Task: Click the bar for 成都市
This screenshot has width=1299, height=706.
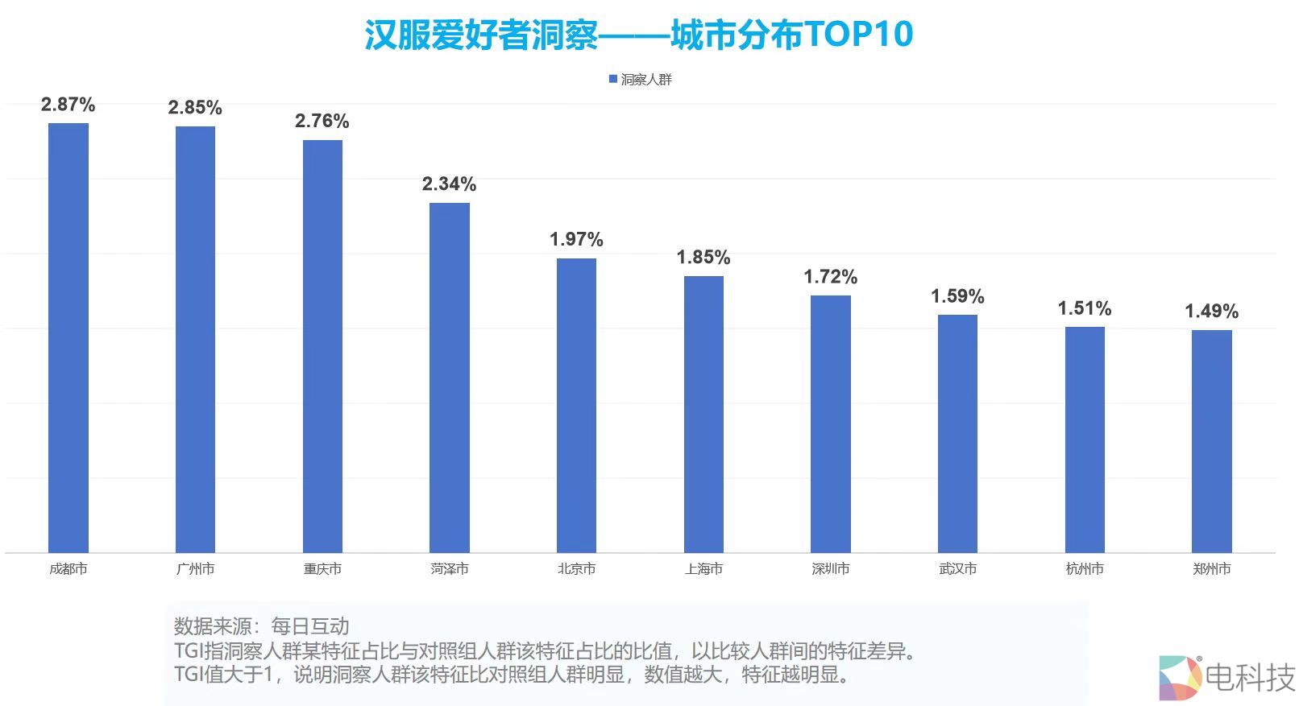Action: [68, 338]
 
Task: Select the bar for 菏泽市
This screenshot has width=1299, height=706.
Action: [450, 378]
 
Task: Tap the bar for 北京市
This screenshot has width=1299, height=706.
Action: [576, 406]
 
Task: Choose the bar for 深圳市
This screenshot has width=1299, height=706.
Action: [831, 424]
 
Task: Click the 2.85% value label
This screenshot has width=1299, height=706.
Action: [195, 108]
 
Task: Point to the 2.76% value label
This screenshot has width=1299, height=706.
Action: [322, 122]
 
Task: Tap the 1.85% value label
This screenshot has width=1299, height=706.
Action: [703, 258]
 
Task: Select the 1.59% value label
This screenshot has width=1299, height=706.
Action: [957, 297]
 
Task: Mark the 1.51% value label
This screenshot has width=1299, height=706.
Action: [1085, 309]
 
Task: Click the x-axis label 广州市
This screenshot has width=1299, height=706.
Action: [195, 569]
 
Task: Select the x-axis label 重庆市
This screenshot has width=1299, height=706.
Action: [322, 569]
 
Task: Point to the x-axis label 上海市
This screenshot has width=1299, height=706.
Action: [703, 569]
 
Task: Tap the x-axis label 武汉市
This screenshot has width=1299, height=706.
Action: [957, 569]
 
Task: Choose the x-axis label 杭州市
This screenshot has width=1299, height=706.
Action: [1085, 569]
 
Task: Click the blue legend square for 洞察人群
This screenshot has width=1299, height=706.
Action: [612, 79]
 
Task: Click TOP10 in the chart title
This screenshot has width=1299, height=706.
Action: [859, 35]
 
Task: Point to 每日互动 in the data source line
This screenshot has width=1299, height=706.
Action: [310, 626]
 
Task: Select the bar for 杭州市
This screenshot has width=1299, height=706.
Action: [1085, 440]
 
